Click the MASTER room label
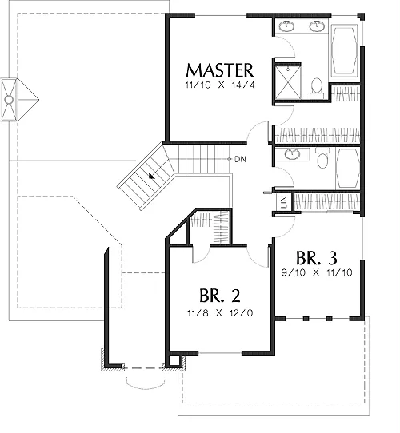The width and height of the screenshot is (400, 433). coord(220,70)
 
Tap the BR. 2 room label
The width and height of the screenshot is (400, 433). coord(220,296)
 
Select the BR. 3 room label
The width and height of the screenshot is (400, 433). coord(317,258)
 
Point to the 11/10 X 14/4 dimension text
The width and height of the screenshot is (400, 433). coord(220,85)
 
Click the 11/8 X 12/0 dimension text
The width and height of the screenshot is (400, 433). coord(220,313)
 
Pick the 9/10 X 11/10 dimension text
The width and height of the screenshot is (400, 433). coord(317,273)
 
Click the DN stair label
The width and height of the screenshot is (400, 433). coord(240,159)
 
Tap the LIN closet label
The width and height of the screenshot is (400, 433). coord(284,202)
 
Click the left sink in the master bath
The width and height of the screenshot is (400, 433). coord(286,26)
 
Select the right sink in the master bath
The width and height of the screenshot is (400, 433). coord(317,26)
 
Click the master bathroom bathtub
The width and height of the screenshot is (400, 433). coord(344,50)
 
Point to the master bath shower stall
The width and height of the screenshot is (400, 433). coord(288,81)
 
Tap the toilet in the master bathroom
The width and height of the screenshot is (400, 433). coord(317,88)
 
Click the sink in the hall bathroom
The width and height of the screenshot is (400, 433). coord(292,154)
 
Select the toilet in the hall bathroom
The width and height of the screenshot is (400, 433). coord(322,158)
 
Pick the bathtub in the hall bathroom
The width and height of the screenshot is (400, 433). coord(348,169)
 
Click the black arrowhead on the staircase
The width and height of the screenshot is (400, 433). coord(151,176)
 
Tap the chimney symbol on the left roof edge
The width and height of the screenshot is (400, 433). coord(20,100)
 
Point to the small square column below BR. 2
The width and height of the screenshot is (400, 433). coord(174,360)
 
